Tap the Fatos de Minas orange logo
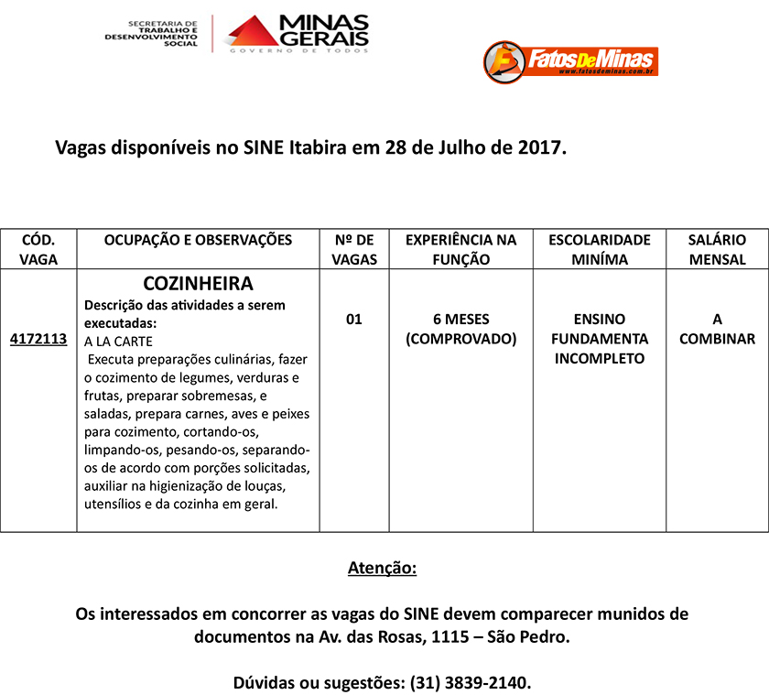[x=570, y=60]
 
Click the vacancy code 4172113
[x=38, y=339]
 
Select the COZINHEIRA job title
[x=198, y=284]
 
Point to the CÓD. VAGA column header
[x=38, y=249]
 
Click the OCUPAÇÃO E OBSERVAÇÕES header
[x=198, y=240]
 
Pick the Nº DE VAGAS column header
[x=354, y=249]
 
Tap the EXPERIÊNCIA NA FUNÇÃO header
[x=460, y=249]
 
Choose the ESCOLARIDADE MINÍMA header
[x=600, y=249]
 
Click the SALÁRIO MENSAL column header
[x=717, y=249]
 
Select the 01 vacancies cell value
[x=354, y=320]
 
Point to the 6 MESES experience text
[x=460, y=320]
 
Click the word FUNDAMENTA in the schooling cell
[x=600, y=339]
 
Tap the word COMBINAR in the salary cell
[x=717, y=339]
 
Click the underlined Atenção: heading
[x=382, y=569]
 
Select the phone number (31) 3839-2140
[x=468, y=683]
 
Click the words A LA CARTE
[x=118, y=341]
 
